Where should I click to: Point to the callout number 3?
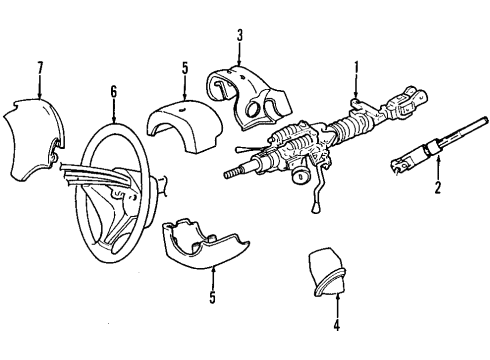(x=240, y=38)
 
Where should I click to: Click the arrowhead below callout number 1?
(x=354, y=95)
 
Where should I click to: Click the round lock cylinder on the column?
(x=298, y=183)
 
